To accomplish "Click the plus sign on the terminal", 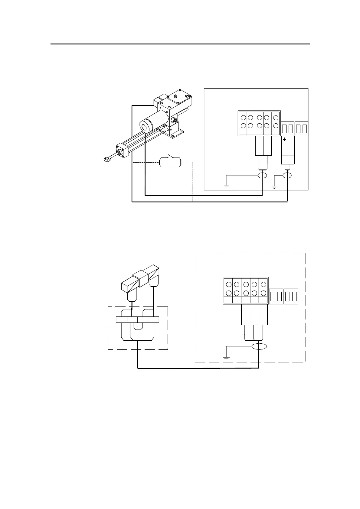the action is (x=285, y=140).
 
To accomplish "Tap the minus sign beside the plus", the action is (x=291, y=140).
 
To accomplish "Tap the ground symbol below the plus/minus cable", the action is (x=274, y=186).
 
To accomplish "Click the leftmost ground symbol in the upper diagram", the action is (x=226, y=186).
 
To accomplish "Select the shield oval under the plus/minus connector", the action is (x=287, y=176).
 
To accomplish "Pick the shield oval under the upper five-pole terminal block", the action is (x=262, y=176).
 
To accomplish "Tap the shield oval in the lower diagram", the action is (x=259, y=347).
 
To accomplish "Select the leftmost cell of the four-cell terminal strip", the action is (x=122, y=320).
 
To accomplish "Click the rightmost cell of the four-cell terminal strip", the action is (x=154, y=320).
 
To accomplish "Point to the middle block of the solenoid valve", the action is (x=140, y=278).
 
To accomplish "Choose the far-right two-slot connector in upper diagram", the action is (x=301, y=128).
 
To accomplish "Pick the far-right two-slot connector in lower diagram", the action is (x=291, y=297).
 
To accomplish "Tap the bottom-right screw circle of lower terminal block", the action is (x=263, y=293).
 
